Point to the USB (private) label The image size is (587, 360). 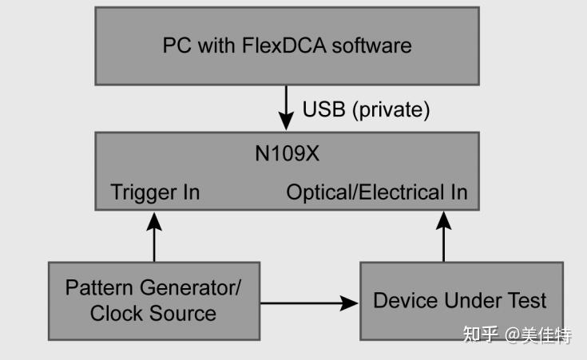366,109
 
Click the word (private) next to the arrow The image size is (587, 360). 391,109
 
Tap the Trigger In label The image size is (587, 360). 155,192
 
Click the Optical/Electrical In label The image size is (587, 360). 376,192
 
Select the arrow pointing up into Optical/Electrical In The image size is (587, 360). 443,236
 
